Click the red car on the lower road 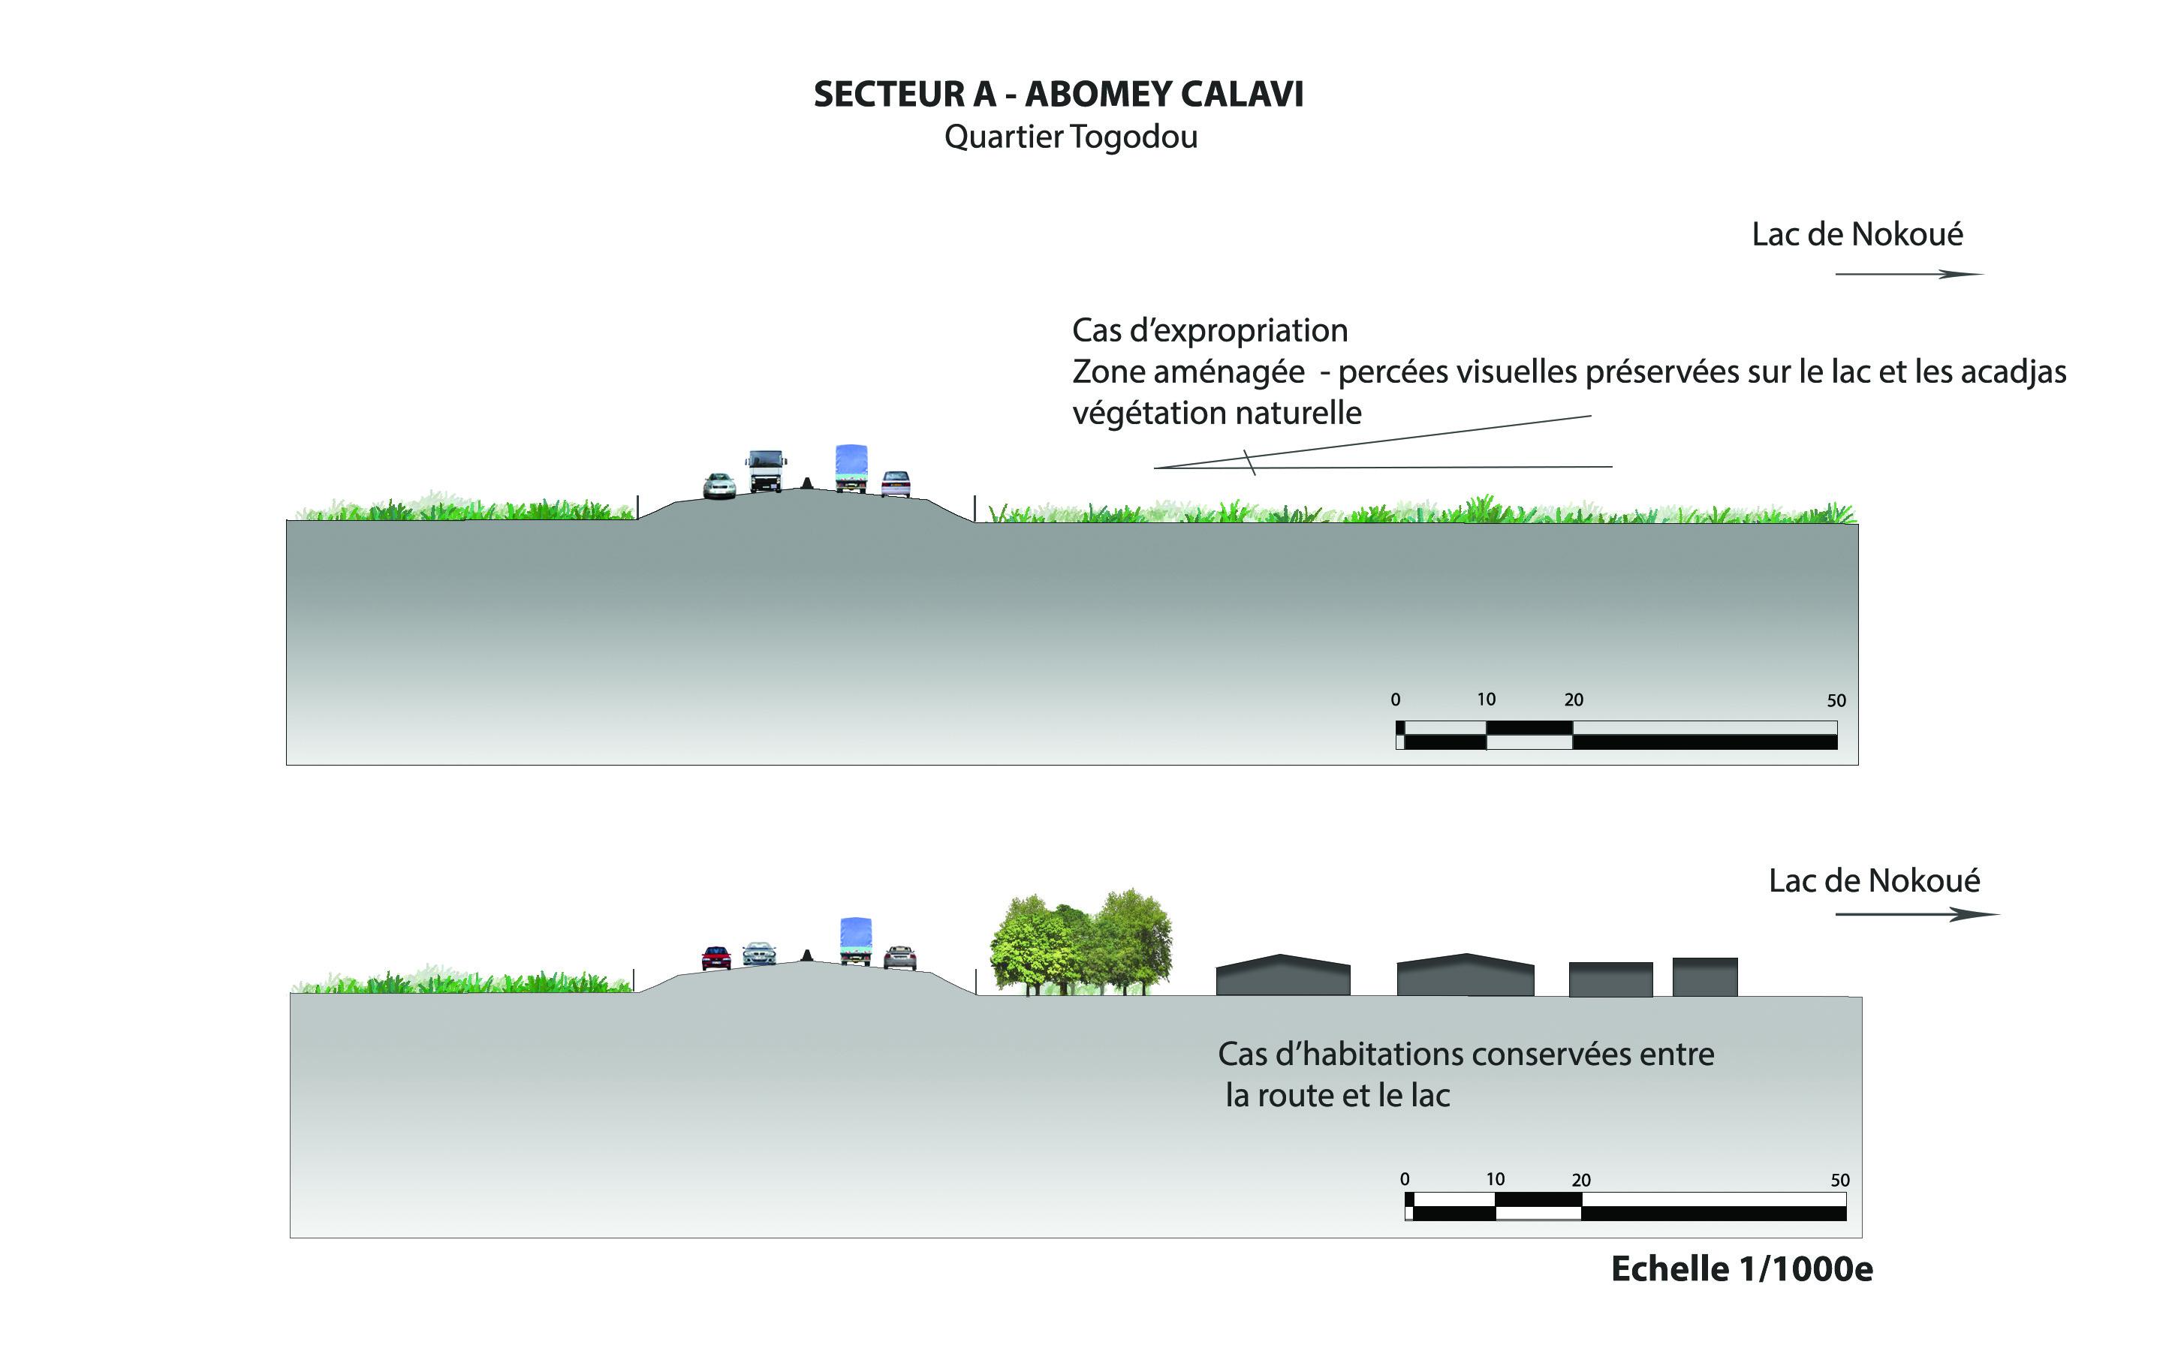pyautogui.click(x=716, y=958)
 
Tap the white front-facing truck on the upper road pyautogui.click(x=766, y=470)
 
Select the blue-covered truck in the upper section pyautogui.click(x=851, y=467)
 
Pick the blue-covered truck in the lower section pyautogui.click(x=856, y=940)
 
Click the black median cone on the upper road pyautogui.click(x=807, y=483)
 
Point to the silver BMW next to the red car pyautogui.click(x=759, y=954)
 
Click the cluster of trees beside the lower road pyautogui.click(x=1081, y=943)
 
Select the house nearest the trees pyautogui.click(x=1282, y=976)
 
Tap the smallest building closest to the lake pyautogui.click(x=1704, y=976)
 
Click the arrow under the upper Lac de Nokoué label pyautogui.click(x=1908, y=274)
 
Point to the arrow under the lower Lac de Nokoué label pyautogui.click(x=1917, y=915)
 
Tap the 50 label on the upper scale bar pyautogui.click(x=1836, y=700)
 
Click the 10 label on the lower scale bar pyautogui.click(x=1495, y=1179)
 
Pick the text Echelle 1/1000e pyautogui.click(x=1741, y=1269)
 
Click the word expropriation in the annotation pyautogui.click(x=1251, y=331)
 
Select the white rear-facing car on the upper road pyautogui.click(x=896, y=483)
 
